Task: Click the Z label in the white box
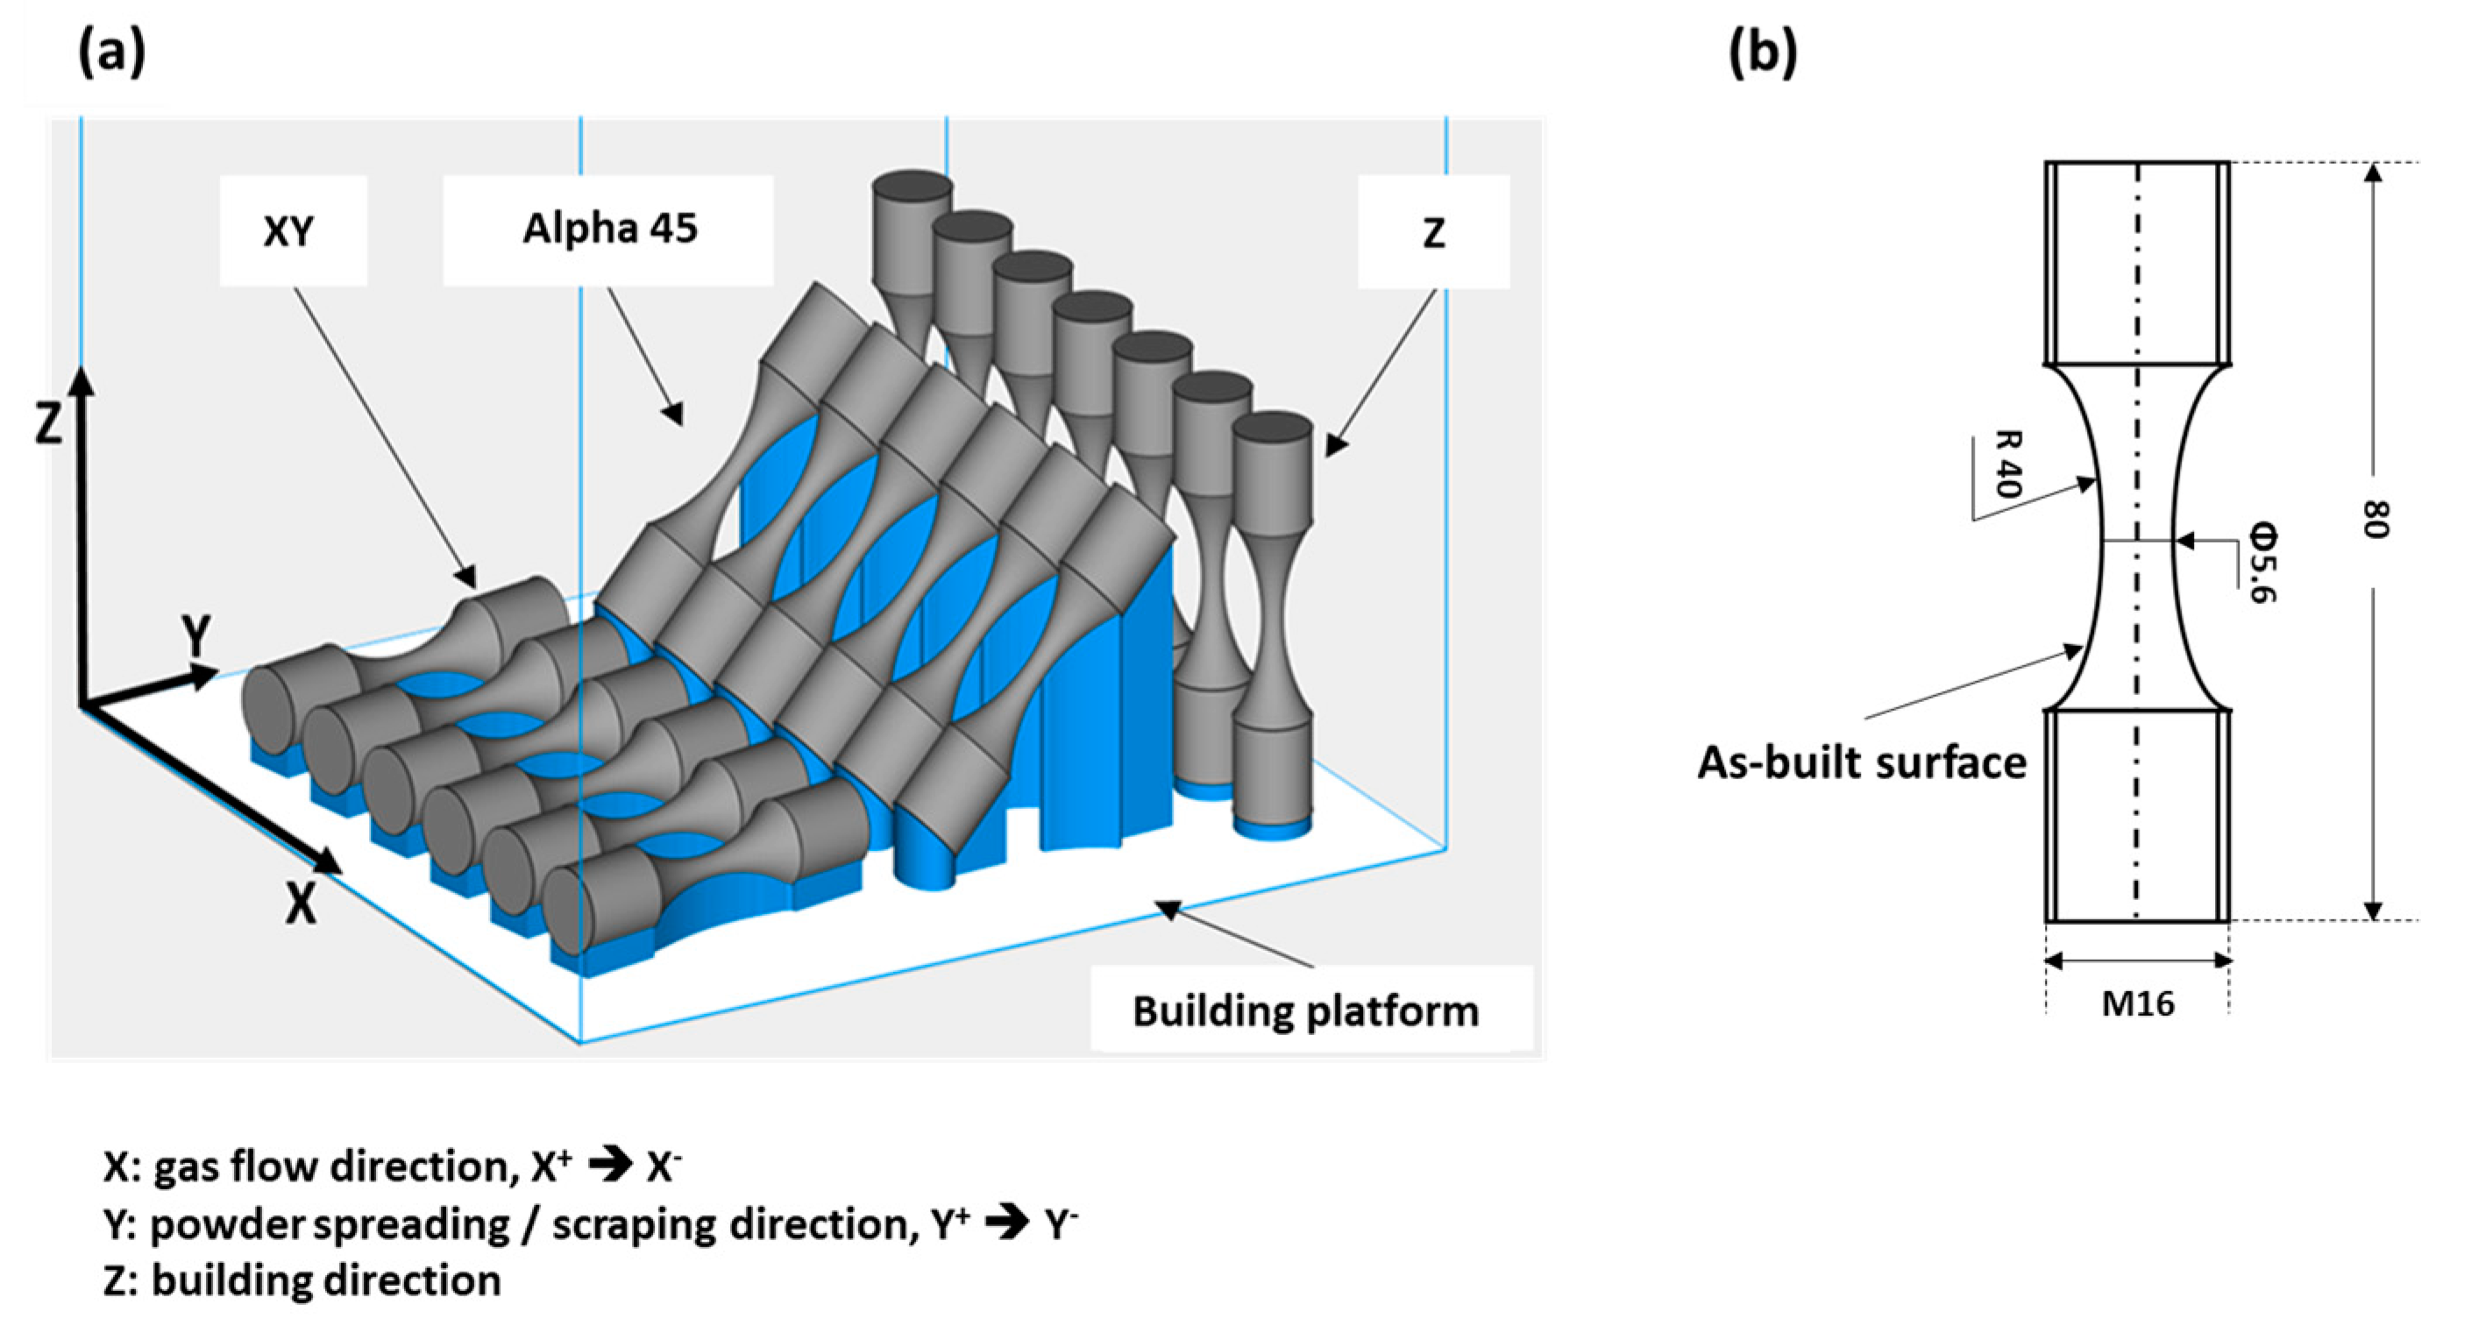coord(1433,233)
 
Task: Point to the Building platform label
coord(1305,1011)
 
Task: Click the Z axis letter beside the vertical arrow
coord(48,422)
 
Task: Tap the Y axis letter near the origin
coord(196,635)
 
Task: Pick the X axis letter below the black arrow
coord(302,903)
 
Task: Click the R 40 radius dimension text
coord(2007,464)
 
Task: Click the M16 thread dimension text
coord(2137,1004)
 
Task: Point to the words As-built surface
coord(1862,763)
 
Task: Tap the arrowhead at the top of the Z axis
coord(83,376)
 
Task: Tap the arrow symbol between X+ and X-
coord(609,1166)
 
